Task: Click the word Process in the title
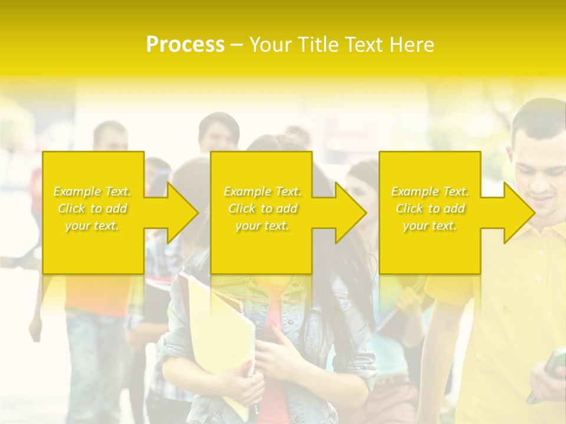[x=185, y=45]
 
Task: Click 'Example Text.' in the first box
[x=92, y=191]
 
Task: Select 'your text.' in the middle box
[x=262, y=226]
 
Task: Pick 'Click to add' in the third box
[x=430, y=208]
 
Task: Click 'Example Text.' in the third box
[x=430, y=191]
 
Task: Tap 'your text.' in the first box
[x=92, y=226]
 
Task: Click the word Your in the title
[x=270, y=45]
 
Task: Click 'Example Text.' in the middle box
[x=262, y=191]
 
